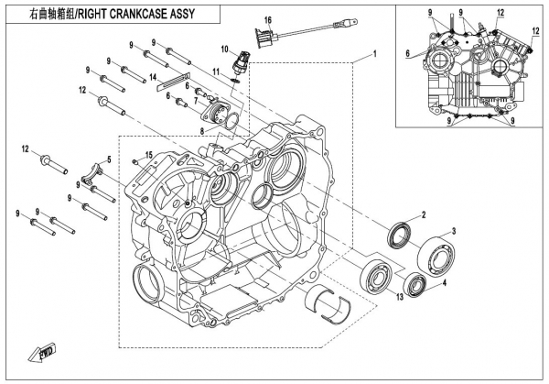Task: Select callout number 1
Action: click(373, 57)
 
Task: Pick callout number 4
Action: click(445, 283)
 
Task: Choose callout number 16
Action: click(268, 19)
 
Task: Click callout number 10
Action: click(222, 48)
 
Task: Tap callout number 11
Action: click(217, 71)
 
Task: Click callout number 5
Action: click(109, 160)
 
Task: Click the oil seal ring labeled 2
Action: click(399, 235)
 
